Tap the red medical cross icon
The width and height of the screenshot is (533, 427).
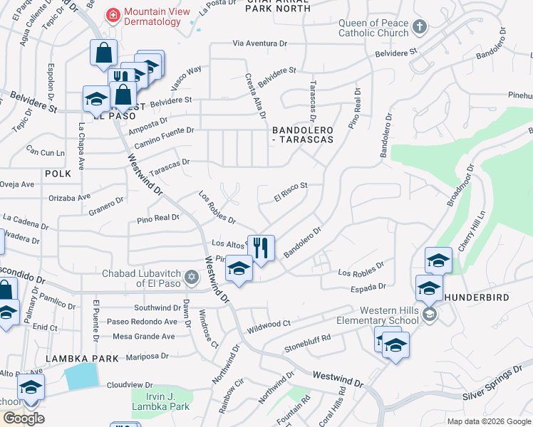[112, 15]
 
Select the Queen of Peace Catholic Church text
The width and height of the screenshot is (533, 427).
[373, 28]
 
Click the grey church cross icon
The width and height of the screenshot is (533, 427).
[420, 28]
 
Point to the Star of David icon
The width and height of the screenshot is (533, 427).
[190, 277]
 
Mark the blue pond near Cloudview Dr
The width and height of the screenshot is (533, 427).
[82, 376]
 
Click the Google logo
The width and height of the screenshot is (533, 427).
[24, 418]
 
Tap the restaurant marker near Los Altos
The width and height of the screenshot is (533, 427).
[261, 248]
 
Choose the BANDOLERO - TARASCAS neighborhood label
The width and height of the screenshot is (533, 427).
[303, 135]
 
